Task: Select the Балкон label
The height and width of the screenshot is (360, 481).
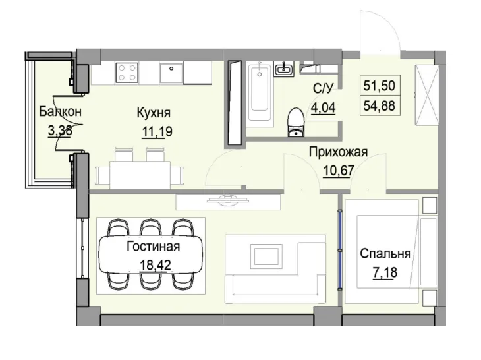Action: pos(60,112)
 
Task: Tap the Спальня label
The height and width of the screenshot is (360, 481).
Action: pos(385,254)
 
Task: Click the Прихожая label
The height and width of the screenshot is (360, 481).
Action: pos(338,153)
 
